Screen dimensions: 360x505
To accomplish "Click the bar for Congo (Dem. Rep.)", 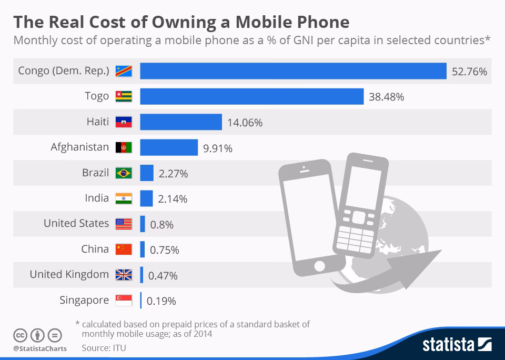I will [293, 71].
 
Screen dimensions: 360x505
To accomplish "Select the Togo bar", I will [251, 96].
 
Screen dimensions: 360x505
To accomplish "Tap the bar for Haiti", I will [180, 122].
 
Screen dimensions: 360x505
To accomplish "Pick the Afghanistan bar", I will [168, 147].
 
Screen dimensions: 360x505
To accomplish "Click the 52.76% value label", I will [470, 72].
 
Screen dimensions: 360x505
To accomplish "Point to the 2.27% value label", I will [173, 173].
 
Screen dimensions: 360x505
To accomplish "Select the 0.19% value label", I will [161, 302].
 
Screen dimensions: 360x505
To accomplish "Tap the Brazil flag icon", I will [124, 173].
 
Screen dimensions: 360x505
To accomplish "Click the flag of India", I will [124, 198].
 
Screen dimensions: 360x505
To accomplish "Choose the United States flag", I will [124, 224].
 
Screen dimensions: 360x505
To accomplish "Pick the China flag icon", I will [124, 249].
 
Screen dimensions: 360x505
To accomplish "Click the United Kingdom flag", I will [124, 275].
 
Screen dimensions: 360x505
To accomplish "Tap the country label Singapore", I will [84, 301].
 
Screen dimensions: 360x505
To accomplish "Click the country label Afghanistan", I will [80, 147].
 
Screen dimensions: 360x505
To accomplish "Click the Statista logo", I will [457, 345].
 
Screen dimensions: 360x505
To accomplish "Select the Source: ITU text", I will [104, 348].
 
